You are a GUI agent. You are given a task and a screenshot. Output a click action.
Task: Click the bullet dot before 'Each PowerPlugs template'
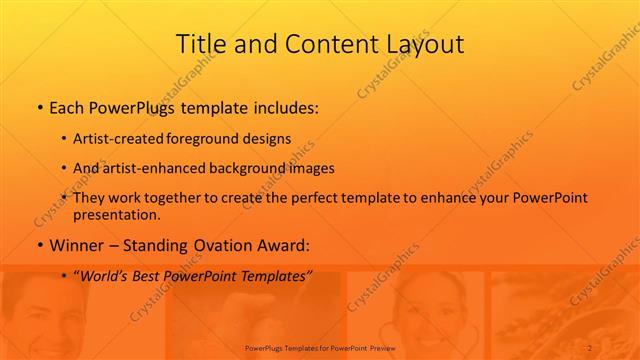[x=39, y=105]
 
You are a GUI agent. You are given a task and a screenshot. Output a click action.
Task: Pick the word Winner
[x=77, y=245]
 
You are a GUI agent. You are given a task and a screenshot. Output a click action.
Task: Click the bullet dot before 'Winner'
[x=39, y=245]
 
